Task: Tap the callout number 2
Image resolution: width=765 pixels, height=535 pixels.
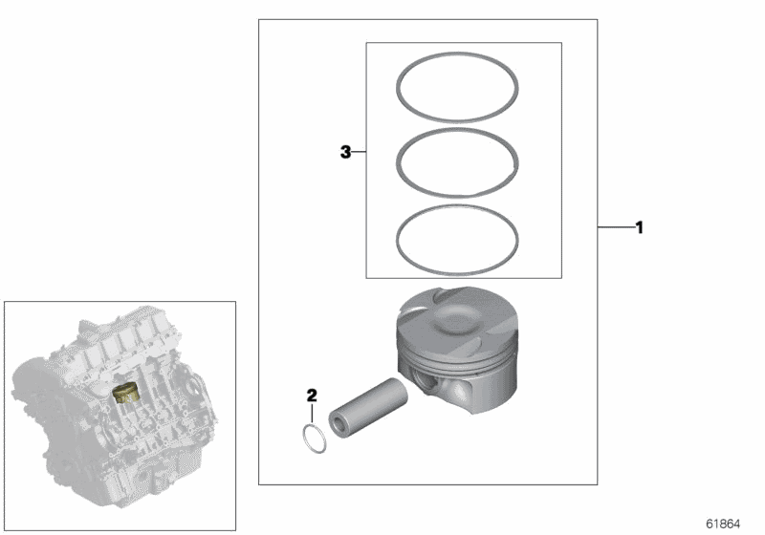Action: tap(311, 394)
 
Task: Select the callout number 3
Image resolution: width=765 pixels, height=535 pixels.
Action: tap(347, 151)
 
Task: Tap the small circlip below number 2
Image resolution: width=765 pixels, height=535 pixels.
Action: tap(312, 438)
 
